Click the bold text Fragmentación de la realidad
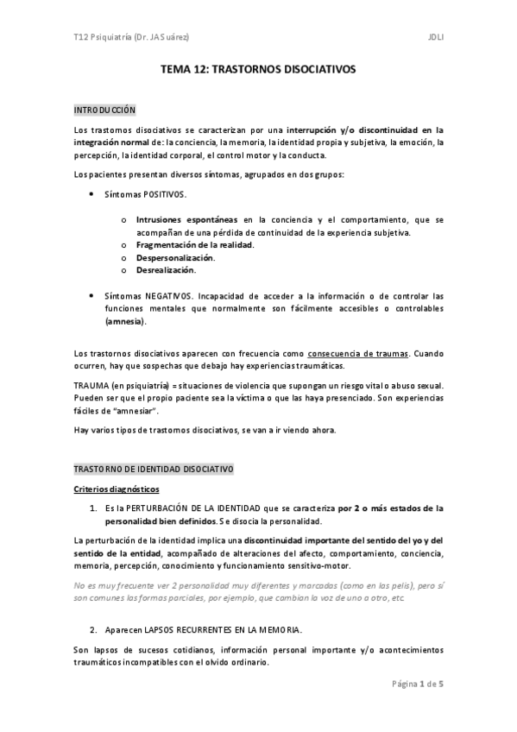pos(194,245)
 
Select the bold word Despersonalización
pos(176,257)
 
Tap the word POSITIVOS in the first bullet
pos(165,196)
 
